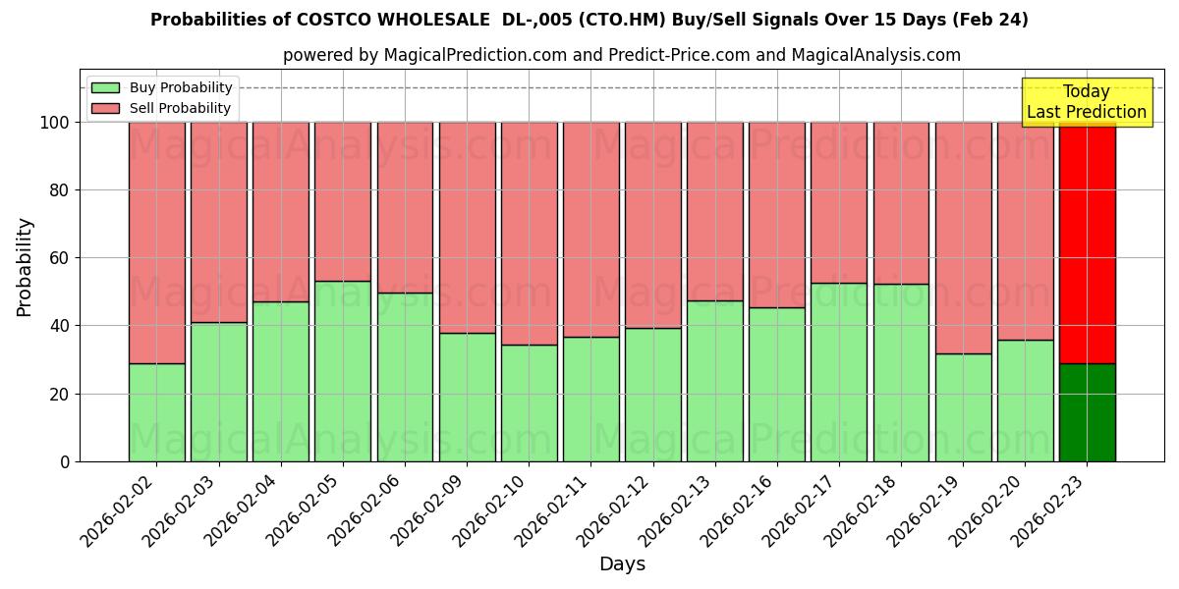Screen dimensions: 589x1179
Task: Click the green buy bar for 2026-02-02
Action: (x=156, y=412)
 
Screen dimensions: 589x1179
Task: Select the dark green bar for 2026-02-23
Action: (x=1087, y=412)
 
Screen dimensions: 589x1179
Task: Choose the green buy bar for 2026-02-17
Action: (x=839, y=372)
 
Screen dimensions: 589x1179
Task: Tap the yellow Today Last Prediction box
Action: (x=1086, y=102)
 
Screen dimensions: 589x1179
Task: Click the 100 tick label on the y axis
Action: (x=53, y=123)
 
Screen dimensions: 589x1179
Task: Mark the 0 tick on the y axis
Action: (x=65, y=461)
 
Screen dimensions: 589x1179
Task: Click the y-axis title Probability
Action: (x=25, y=267)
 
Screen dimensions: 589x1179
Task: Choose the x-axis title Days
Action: (x=622, y=564)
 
